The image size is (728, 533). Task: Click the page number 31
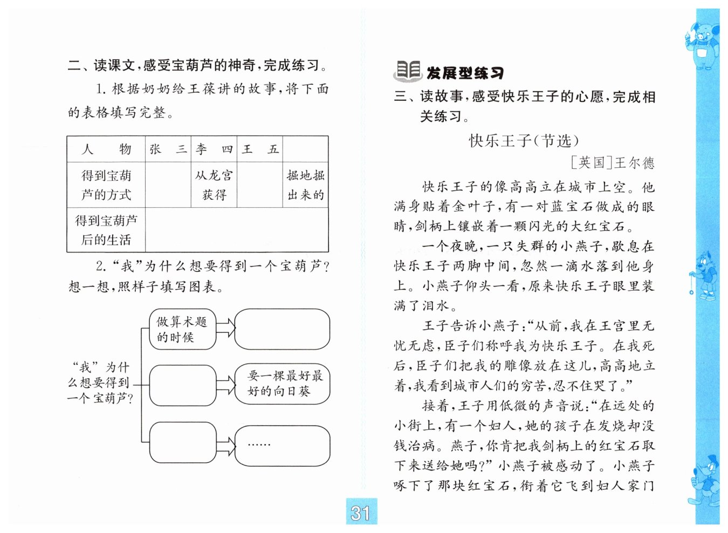point(361,512)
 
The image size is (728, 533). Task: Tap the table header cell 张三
point(168,149)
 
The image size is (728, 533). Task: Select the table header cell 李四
point(214,149)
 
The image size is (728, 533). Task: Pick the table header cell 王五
point(260,149)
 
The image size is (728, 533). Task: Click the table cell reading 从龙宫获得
point(214,185)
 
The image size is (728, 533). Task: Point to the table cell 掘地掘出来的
point(306,185)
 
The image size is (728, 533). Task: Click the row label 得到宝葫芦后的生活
point(106,230)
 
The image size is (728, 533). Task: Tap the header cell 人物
point(106,149)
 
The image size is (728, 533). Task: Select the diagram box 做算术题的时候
point(182,329)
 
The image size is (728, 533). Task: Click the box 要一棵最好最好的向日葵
point(283,384)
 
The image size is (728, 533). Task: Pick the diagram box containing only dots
point(283,446)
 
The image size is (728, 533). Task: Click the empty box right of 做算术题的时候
point(283,329)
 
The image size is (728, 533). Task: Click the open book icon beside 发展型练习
point(408,71)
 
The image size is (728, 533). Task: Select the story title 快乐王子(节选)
point(524,141)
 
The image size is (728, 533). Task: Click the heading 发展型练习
point(465,73)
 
